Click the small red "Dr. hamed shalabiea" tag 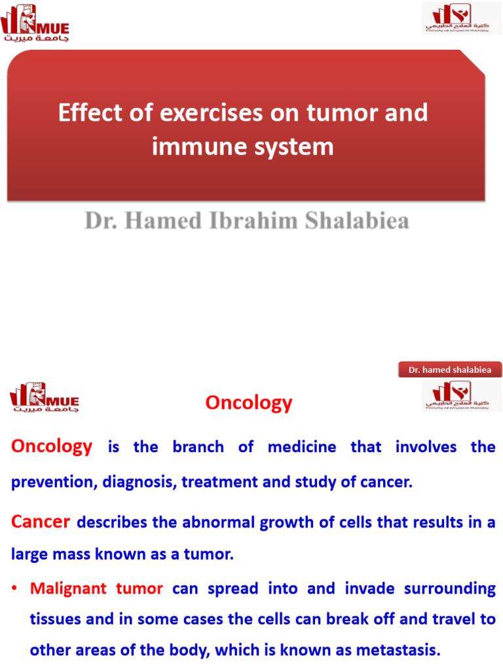[x=449, y=370]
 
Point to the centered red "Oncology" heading [x=249, y=402]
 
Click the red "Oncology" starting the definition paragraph [x=52, y=447]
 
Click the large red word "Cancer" [x=41, y=522]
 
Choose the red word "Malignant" [x=68, y=588]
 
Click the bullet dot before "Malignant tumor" [x=14, y=589]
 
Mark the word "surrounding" [x=453, y=588]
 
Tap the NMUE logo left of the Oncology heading [x=44, y=398]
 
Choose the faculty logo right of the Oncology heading [x=456, y=395]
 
